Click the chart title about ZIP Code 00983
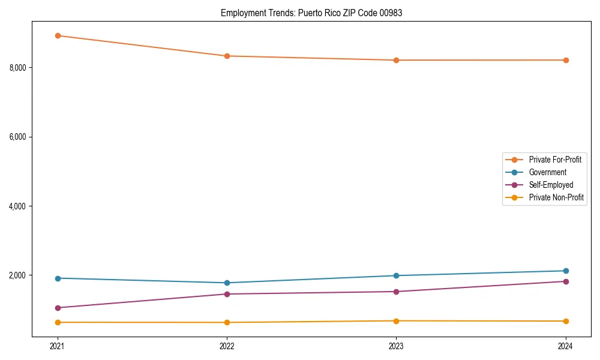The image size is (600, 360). click(x=311, y=13)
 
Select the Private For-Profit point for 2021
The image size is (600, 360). click(x=58, y=35)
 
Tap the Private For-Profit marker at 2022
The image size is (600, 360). click(x=227, y=56)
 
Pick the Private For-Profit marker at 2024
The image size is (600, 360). click(x=566, y=60)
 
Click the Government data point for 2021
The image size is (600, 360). click(x=58, y=278)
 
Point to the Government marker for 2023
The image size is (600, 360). click(x=397, y=275)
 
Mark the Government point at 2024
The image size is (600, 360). click(x=566, y=271)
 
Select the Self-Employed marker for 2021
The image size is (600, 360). click(x=58, y=308)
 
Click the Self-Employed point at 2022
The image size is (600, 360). click(x=227, y=294)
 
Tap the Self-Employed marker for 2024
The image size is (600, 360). click(x=566, y=281)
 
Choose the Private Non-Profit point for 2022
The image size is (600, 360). click(x=227, y=322)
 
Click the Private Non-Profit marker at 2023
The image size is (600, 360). click(x=397, y=321)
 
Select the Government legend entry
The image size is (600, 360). click(x=547, y=172)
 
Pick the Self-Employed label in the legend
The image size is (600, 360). click(x=551, y=185)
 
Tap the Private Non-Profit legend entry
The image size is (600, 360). click(x=556, y=197)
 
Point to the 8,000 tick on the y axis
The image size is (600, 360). click(x=17, y=68)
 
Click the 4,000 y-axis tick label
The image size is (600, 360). click(x=17, y=206)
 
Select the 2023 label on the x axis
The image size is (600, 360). click(x=397, y=346)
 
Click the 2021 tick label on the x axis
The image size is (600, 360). click(x=58, y=346)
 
